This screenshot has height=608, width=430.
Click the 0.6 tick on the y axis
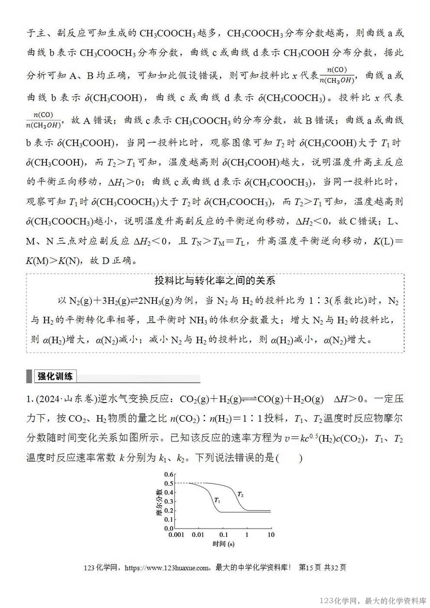tap(169, 474)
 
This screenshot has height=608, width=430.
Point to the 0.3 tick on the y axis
tap(169, 501)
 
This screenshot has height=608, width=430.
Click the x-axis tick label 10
tap(271, 535)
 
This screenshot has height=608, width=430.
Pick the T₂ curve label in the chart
tap(240, 494)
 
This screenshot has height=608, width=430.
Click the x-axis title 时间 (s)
tap(223, 544)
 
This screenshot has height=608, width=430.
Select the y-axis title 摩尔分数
tap(159, 502)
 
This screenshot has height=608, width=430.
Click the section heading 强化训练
tap(55, 376)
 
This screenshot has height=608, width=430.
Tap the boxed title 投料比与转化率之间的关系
tap(215, 281)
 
